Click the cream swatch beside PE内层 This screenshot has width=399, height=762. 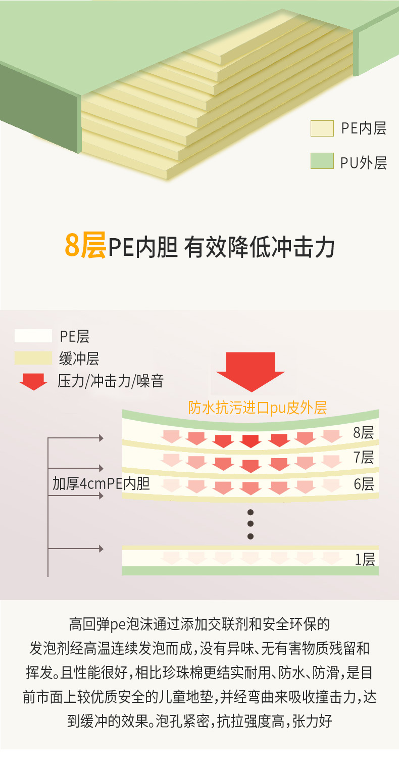point(322,128)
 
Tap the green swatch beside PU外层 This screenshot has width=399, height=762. point(322,161)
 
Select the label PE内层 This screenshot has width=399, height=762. point(364,128)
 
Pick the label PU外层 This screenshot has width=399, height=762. point(364,163)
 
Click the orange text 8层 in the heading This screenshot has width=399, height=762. point(85,246)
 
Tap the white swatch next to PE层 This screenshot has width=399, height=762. point(33,336)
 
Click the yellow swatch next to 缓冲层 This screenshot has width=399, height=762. point(33,358)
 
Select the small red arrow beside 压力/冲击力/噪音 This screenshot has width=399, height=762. point(33,381)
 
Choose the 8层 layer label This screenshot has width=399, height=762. point(363,433)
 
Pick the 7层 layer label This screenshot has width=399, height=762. point(363,458)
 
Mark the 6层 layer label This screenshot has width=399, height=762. point(363,484)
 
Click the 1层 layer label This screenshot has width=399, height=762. point(365,559)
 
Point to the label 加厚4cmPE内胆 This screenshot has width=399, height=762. point(101,483)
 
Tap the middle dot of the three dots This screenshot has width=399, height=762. point(250,524)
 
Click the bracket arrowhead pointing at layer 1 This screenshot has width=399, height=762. point(101,549)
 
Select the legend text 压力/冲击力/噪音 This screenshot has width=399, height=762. point(111,381)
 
